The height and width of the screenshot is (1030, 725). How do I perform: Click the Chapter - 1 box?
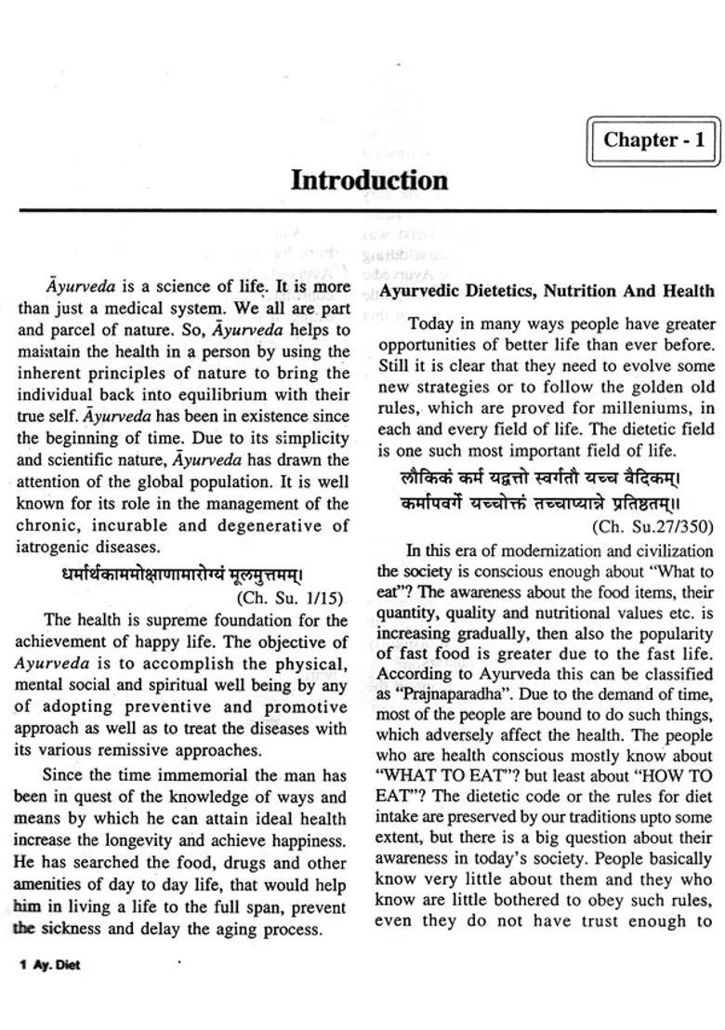(653, 141)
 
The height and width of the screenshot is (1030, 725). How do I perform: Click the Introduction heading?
(369, 180)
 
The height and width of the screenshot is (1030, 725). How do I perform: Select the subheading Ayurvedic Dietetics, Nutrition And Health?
(547, 291)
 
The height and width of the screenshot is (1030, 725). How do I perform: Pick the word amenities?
(51, 885)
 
